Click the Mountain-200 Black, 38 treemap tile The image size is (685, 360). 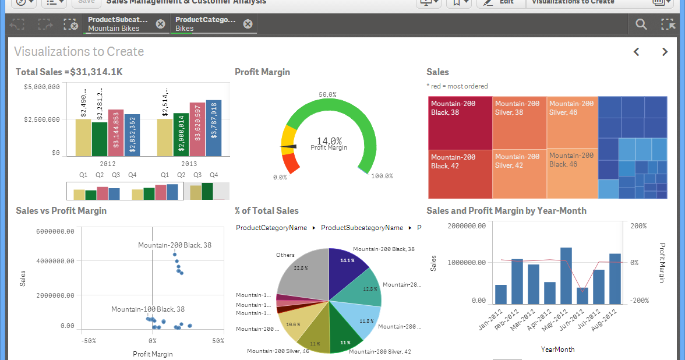[460, 122]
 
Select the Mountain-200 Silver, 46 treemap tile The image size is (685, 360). [572, 122]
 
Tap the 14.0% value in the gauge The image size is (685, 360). [329, 140]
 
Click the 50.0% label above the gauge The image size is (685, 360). [329, 94]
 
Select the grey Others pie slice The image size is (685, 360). [303, 274]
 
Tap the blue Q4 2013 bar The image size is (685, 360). [214, 128]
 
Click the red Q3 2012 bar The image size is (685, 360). [115, 133]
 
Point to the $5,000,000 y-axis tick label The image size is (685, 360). [42, 87]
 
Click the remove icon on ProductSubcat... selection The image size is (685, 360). [160, 24]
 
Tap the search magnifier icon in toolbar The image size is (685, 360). [641, 24]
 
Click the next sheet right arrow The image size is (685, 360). [665, 52]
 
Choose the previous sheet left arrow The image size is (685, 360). [637, 52]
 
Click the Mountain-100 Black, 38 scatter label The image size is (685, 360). [148, 309]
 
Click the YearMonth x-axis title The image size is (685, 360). [557, 350]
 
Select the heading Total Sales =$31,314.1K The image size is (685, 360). [69, 72]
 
